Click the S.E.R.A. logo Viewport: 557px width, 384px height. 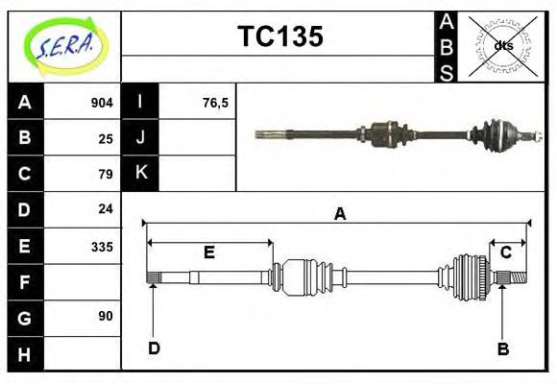coord(63,45)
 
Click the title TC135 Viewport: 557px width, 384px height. coord(279,37)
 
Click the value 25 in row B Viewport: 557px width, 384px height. coord(106,138)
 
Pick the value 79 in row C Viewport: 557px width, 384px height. coord(106,174)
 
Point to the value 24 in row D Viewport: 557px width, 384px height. coord(106,208)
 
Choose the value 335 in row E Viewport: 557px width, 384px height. coord(102,246)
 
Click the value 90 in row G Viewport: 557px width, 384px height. coord(106,316)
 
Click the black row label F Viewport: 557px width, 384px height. coord(25,281)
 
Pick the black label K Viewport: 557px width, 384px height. coord(141,173)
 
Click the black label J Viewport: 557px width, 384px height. coord(141,137)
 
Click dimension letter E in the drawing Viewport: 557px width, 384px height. coord(208,252)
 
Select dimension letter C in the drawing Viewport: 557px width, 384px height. coord(505,252)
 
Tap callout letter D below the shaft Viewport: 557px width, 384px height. coord(154,348)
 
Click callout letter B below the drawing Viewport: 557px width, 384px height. coord(502,348)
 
